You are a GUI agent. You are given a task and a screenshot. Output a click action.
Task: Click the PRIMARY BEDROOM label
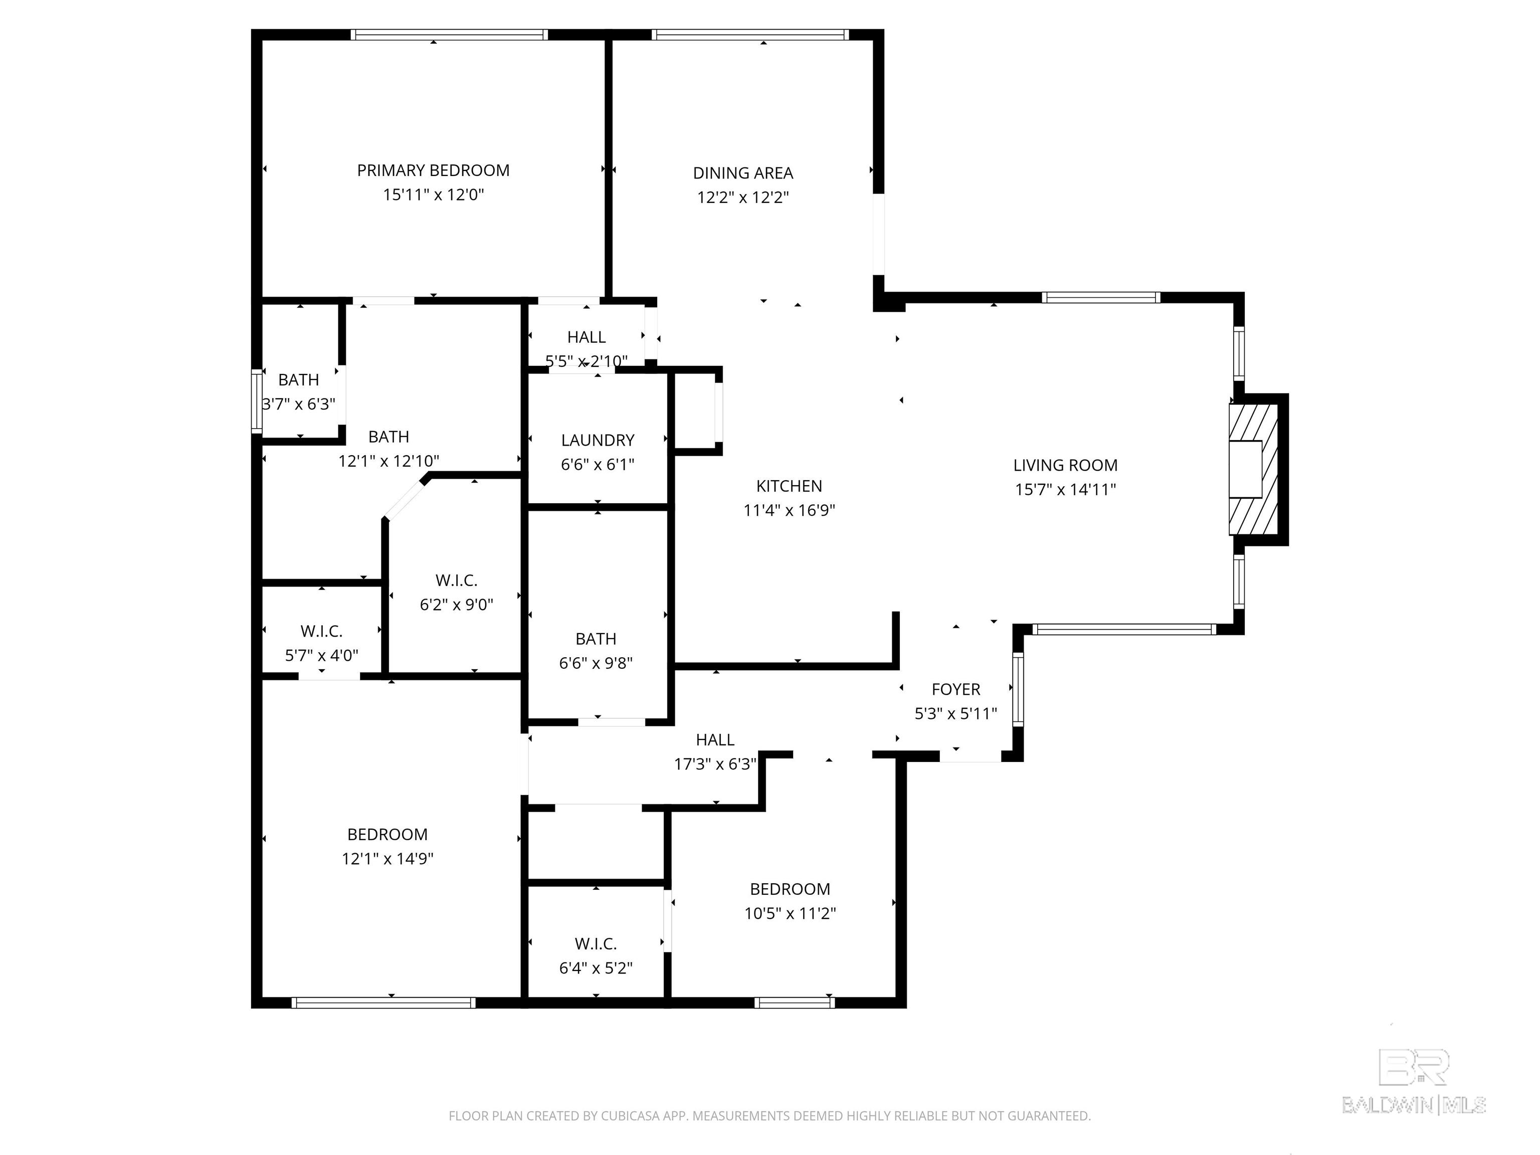(433, 170)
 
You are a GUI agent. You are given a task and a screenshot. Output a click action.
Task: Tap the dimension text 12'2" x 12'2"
(743, 197)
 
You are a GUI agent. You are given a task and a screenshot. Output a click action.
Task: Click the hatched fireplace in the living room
(1253, 469)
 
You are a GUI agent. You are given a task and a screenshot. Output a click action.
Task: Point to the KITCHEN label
(789, 486)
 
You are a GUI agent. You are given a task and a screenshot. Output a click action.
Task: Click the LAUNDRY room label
(598, 440)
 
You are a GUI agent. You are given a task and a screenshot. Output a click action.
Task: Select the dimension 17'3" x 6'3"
(715, 764)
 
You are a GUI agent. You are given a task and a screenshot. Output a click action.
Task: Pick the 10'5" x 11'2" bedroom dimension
(790, 913)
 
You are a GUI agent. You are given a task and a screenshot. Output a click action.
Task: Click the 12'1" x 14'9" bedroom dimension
(387, 858)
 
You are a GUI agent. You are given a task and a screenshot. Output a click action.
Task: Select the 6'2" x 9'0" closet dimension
(456, 604)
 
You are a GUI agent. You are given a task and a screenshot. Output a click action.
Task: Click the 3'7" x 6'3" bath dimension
(299, 404)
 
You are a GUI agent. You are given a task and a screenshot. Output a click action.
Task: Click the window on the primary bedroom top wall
(449, 34)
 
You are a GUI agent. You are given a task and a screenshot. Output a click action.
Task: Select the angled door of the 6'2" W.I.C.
(405, 498)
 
